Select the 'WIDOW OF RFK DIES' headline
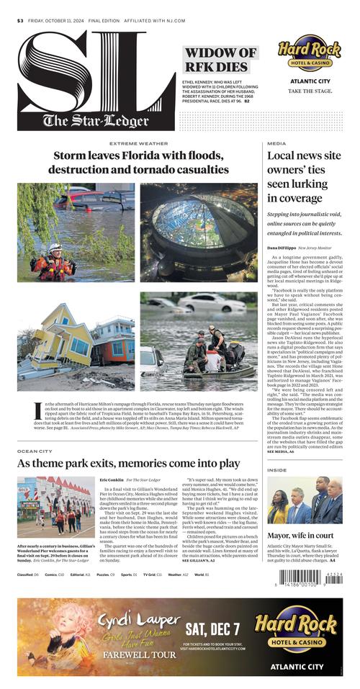[x=220, y=60]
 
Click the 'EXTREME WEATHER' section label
[x=138, y=143]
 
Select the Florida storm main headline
[x=138, y=162]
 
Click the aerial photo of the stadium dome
[x=198, y=230]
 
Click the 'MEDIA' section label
[x=276, y=143]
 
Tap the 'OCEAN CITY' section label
[x=35, y=451]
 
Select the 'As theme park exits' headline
[x=128, y=463]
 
